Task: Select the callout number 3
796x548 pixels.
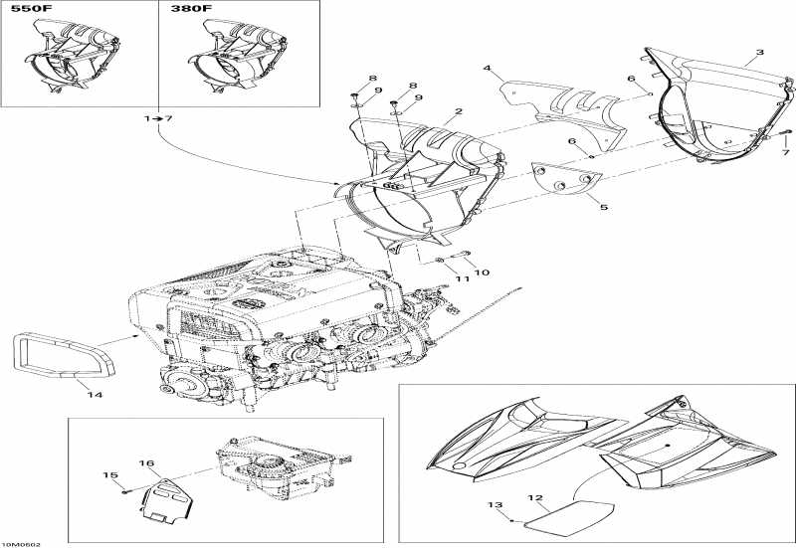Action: coord(760,52)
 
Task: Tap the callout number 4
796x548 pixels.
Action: coord(488,69)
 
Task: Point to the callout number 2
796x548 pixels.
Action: coord(458,112)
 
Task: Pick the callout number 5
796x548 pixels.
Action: coord(602,206)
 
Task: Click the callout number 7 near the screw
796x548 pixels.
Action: coord(785,153)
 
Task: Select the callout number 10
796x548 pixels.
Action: coord(484,272)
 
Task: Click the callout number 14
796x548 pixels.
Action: coord(95,395)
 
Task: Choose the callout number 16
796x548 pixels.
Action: coord(146,464)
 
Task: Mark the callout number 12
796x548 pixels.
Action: coord(534,497)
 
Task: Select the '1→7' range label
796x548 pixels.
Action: coord(158,119)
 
